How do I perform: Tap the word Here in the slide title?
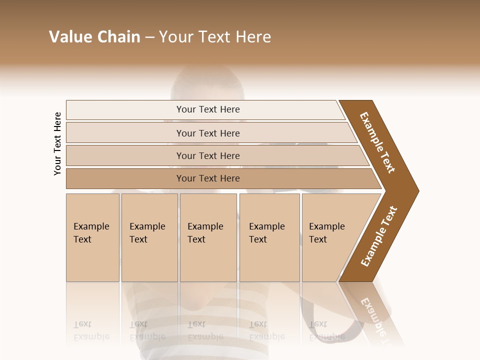[x=253, y=37]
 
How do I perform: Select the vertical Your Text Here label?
[x=57, y=143]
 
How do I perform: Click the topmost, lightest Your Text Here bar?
[x=207, y=109]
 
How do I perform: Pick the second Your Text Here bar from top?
[x=207, y=133]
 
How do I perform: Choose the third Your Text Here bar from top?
[x=207, y=155]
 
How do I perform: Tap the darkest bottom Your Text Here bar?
[x=207, y=178]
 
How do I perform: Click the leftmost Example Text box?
[x=92, y=237]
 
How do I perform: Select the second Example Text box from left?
[x=149, y=237]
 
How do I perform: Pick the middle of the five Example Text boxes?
[x=208, y=237]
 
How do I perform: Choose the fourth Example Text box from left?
[x=269, y=237]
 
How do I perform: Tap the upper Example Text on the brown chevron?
[x=377, y=142]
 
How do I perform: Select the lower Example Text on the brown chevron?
[x=378, y=236]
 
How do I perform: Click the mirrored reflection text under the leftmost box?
[x=91, y=330]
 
